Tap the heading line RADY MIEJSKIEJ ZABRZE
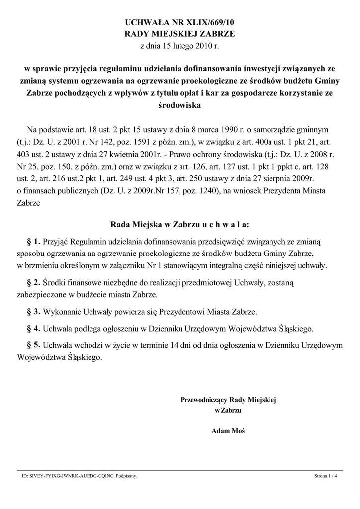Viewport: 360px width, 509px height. pos(180,34)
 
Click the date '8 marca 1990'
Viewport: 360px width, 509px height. pos(197,129)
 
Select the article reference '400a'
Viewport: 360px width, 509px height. pos(262,141)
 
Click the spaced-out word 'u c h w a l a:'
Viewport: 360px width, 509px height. pos(225,224)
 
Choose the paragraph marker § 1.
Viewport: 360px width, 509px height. pos(33,242)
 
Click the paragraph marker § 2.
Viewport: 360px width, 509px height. pos(33,283)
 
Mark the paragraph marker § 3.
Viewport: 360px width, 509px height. pos(33,312)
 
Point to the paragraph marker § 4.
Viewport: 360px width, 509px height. pos(33,328)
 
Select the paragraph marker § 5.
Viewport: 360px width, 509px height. pos(33,344)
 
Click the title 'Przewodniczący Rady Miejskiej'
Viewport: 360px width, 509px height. pos(228,399)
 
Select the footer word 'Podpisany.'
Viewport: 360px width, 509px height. pos(126,476)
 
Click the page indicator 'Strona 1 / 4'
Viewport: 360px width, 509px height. pos(325,476)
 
